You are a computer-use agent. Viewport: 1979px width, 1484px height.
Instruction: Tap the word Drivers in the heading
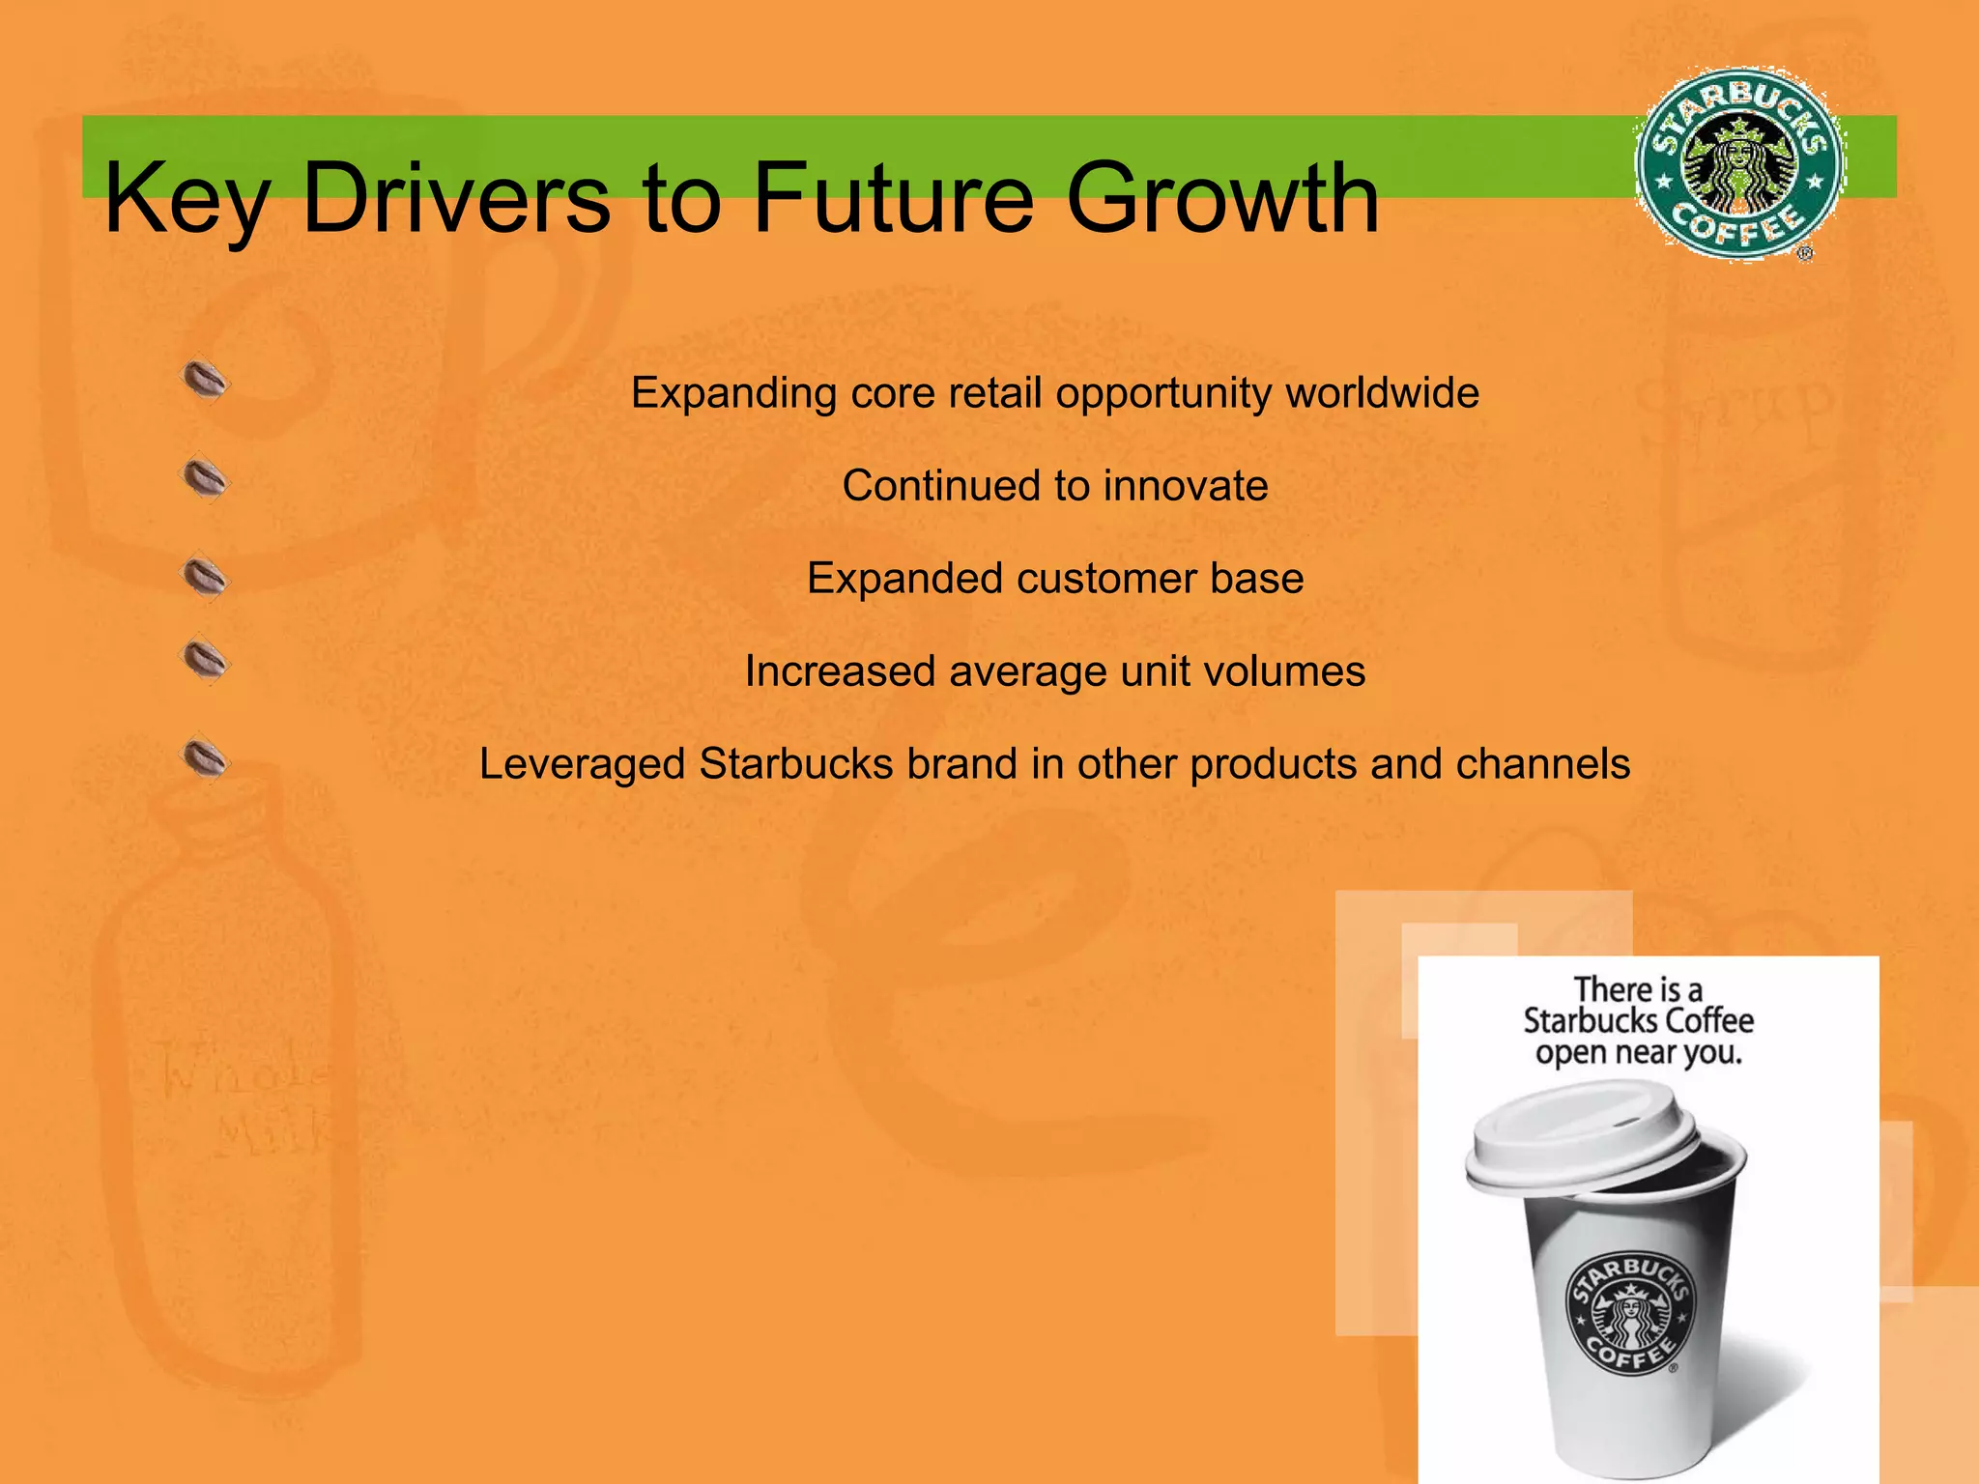pos(456,199)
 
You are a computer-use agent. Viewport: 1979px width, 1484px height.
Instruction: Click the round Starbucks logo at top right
pos(1740,164)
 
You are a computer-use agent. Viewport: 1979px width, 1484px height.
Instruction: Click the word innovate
pos(1186,486)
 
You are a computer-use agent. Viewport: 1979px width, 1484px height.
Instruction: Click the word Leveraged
pos(583,764)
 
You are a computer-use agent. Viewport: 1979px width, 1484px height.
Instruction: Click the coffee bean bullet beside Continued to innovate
pos(206,478)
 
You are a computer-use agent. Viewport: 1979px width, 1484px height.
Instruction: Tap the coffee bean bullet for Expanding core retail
pos(206,381)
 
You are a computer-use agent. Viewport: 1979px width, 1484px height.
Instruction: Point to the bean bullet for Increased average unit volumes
pos(206,661)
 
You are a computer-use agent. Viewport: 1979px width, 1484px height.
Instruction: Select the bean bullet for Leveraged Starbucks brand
pos(206,758)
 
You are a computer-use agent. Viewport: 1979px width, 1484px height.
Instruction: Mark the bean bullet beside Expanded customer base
pos(206,578)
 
